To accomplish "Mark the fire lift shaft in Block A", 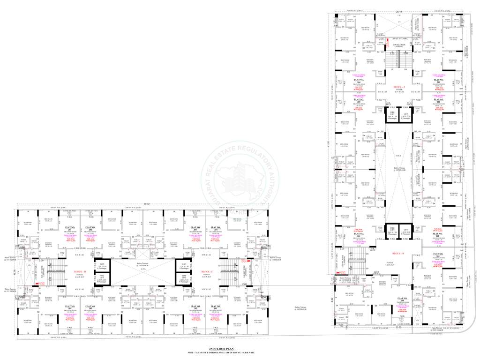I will (x=393, y=115).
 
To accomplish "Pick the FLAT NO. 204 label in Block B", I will (x=401, y=299).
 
